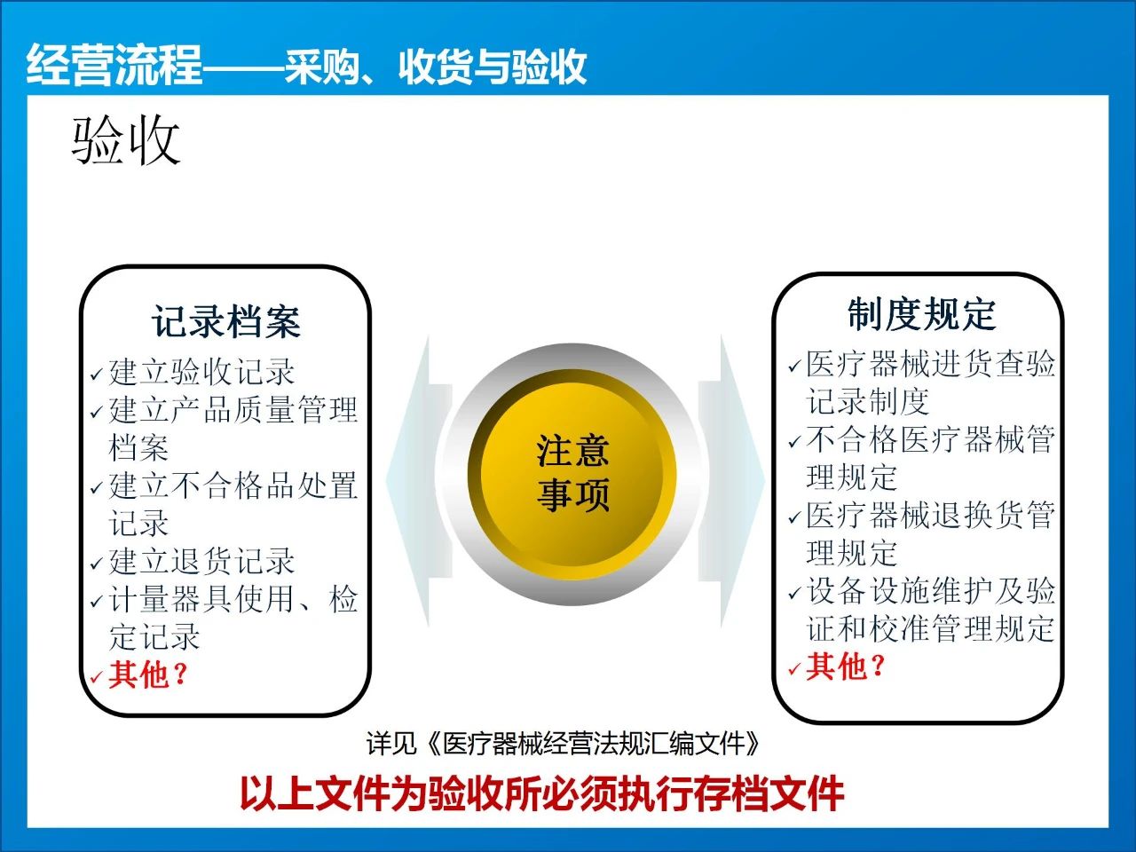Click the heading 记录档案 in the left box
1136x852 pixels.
(225, 322)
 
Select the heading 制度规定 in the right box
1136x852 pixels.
(922, 314)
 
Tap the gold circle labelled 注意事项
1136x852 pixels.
(572, 474)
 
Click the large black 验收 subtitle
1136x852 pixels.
(126, 140)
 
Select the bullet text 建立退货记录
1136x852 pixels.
(201, 561)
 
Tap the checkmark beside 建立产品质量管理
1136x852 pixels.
(97, 413)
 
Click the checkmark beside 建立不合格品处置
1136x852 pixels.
(97, 488)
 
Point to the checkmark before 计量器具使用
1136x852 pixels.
(97, 602)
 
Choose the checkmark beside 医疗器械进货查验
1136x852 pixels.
(794, 367)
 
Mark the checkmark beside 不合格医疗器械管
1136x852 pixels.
(794, 442)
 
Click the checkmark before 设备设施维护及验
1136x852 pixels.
(794, 594)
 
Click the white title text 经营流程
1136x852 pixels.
(114, 65)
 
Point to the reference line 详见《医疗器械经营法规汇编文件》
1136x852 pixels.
(563, 744)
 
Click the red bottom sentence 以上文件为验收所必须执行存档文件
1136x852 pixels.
(542, 794)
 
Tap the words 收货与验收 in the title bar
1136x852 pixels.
(493, 67)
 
